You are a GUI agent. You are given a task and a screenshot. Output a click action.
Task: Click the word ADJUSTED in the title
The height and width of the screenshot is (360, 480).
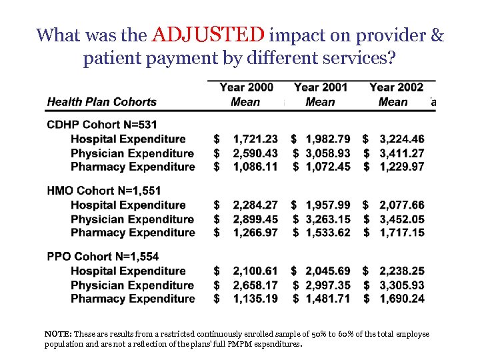208,35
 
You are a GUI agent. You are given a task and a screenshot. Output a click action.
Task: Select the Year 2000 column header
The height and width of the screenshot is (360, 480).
246,87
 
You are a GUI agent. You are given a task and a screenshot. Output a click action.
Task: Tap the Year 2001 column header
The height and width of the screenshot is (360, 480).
320,87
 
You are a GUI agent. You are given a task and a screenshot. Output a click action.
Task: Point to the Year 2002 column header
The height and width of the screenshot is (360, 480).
396,87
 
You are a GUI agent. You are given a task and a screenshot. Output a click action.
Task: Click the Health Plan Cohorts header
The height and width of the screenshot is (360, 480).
101,102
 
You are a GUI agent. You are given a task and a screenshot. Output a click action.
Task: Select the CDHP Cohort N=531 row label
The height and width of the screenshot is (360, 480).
102,125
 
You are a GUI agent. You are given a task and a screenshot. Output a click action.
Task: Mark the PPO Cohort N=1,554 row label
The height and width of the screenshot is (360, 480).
103,257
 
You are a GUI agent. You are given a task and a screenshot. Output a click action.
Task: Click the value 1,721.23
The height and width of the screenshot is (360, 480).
255,139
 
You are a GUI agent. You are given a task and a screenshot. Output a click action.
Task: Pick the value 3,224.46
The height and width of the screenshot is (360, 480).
401,139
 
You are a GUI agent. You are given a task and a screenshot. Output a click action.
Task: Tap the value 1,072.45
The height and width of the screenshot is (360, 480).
328,167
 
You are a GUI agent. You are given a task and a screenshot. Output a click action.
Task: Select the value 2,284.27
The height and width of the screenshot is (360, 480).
255,205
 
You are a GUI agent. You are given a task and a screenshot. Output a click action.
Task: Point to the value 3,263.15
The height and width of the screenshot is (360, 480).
328,219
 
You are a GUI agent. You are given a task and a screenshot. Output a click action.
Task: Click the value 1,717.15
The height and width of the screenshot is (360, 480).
401,233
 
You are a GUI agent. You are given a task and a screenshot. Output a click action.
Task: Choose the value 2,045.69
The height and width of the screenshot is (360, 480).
328,271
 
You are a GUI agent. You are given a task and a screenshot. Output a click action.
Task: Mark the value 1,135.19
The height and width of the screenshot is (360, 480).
255,299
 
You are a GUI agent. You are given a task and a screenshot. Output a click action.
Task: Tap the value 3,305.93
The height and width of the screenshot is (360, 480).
401,285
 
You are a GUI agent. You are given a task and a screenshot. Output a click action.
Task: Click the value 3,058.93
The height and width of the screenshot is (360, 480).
328,153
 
